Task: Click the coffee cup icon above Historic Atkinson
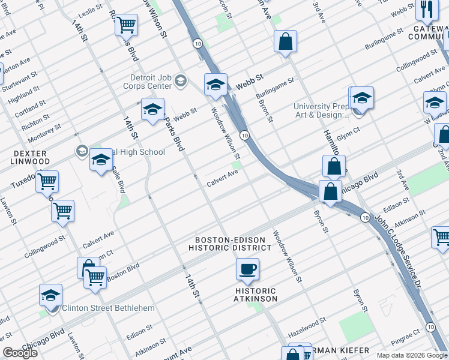pyautogui.click(x=247, y=269)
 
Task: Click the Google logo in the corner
pyautogui.click(x=20, y=353)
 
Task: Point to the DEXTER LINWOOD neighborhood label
pyautogui.click(x=30, y=158)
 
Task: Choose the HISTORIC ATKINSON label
pyautogui.click(x=256, y=295)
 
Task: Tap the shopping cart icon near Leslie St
pyautogui.click(x=126, y=25)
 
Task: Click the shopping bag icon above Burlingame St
pyautogui.click(x=286, y=42)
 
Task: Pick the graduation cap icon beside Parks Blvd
pyautogui.click(x=152, y=110)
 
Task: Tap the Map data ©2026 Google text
pyautogui.click(x=412, y=355)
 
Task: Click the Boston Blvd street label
pyautogui.click(x=122, y=271)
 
